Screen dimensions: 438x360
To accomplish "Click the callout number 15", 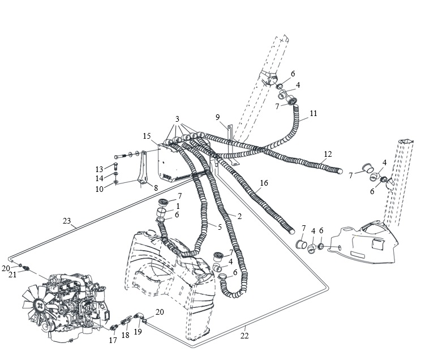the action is click(147, 136).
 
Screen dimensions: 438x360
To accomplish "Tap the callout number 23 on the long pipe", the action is click(67, 221).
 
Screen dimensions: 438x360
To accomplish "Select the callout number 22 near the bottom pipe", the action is click(244, 336).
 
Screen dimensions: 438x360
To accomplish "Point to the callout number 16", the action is click(264, 183).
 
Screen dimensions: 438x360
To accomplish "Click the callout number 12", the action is click(328, 154).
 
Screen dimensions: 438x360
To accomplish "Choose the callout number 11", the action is click(314, 113).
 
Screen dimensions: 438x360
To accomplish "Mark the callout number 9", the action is click(218, 117).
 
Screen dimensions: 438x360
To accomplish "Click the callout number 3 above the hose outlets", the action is click(177, 119).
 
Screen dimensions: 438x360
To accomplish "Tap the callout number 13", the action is click(99, 169).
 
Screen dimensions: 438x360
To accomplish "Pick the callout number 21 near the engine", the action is click(12, 275).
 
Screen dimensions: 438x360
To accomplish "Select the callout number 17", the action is click(113, 340).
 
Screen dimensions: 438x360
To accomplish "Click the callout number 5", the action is click(220, 227).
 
